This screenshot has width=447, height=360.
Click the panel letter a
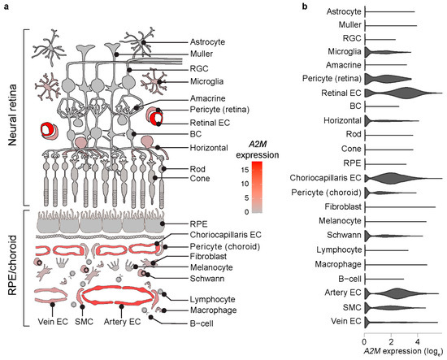pos(7,7)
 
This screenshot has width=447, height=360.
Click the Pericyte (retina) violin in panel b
pos(390,79)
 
